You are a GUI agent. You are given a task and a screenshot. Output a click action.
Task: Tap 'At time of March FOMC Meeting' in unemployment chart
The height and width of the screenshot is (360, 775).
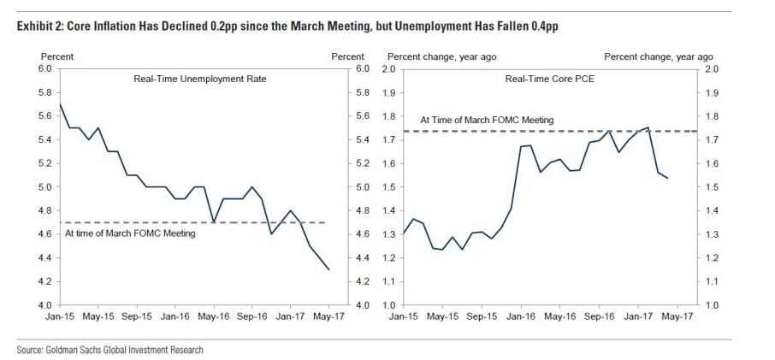(130, 233)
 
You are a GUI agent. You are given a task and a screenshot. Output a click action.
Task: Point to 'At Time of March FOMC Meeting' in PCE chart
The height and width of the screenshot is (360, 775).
(487, 121)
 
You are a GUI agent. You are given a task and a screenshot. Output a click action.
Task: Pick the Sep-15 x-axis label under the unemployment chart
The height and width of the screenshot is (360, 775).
(137, 316)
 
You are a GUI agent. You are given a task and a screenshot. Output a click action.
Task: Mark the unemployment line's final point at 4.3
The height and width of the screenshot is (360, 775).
(328, 269)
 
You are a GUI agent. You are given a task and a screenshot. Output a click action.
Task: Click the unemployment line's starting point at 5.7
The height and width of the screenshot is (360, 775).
(58, 104)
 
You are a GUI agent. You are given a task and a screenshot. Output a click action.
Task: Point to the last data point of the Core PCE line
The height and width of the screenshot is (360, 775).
(668, 178)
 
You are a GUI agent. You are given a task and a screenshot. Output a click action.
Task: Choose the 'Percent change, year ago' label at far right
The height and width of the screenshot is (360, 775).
(659, 56)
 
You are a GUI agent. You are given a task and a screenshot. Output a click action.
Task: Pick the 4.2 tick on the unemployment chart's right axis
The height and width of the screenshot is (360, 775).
(361, 281)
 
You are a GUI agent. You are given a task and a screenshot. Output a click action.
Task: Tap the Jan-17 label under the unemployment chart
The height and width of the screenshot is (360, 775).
(290, 316)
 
